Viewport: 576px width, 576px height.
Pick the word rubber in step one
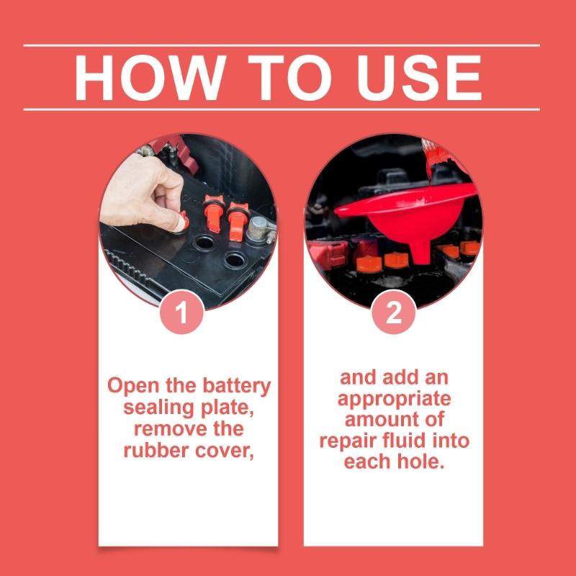tap(153, 451)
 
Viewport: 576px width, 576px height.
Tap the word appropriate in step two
tap(394, 399)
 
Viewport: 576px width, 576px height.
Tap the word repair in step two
tap(348, 441)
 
